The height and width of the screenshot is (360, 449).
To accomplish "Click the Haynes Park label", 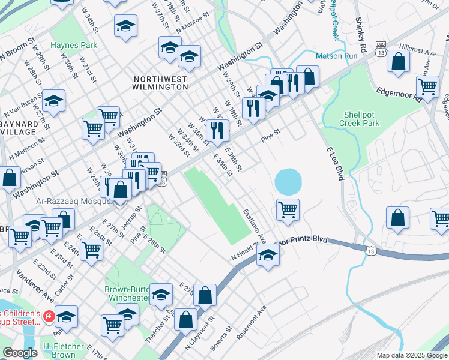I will (x=74, y=45).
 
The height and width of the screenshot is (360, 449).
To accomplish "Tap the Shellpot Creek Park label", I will (x=362, y=119).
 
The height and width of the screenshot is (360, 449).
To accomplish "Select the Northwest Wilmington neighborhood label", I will (x=160, y=83).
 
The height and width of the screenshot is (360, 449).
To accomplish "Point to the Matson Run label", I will (x=337, y=55).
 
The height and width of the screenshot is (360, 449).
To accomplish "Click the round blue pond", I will (x=288, y=181).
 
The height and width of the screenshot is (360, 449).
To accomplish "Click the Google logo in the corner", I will (x=20, y=353).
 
